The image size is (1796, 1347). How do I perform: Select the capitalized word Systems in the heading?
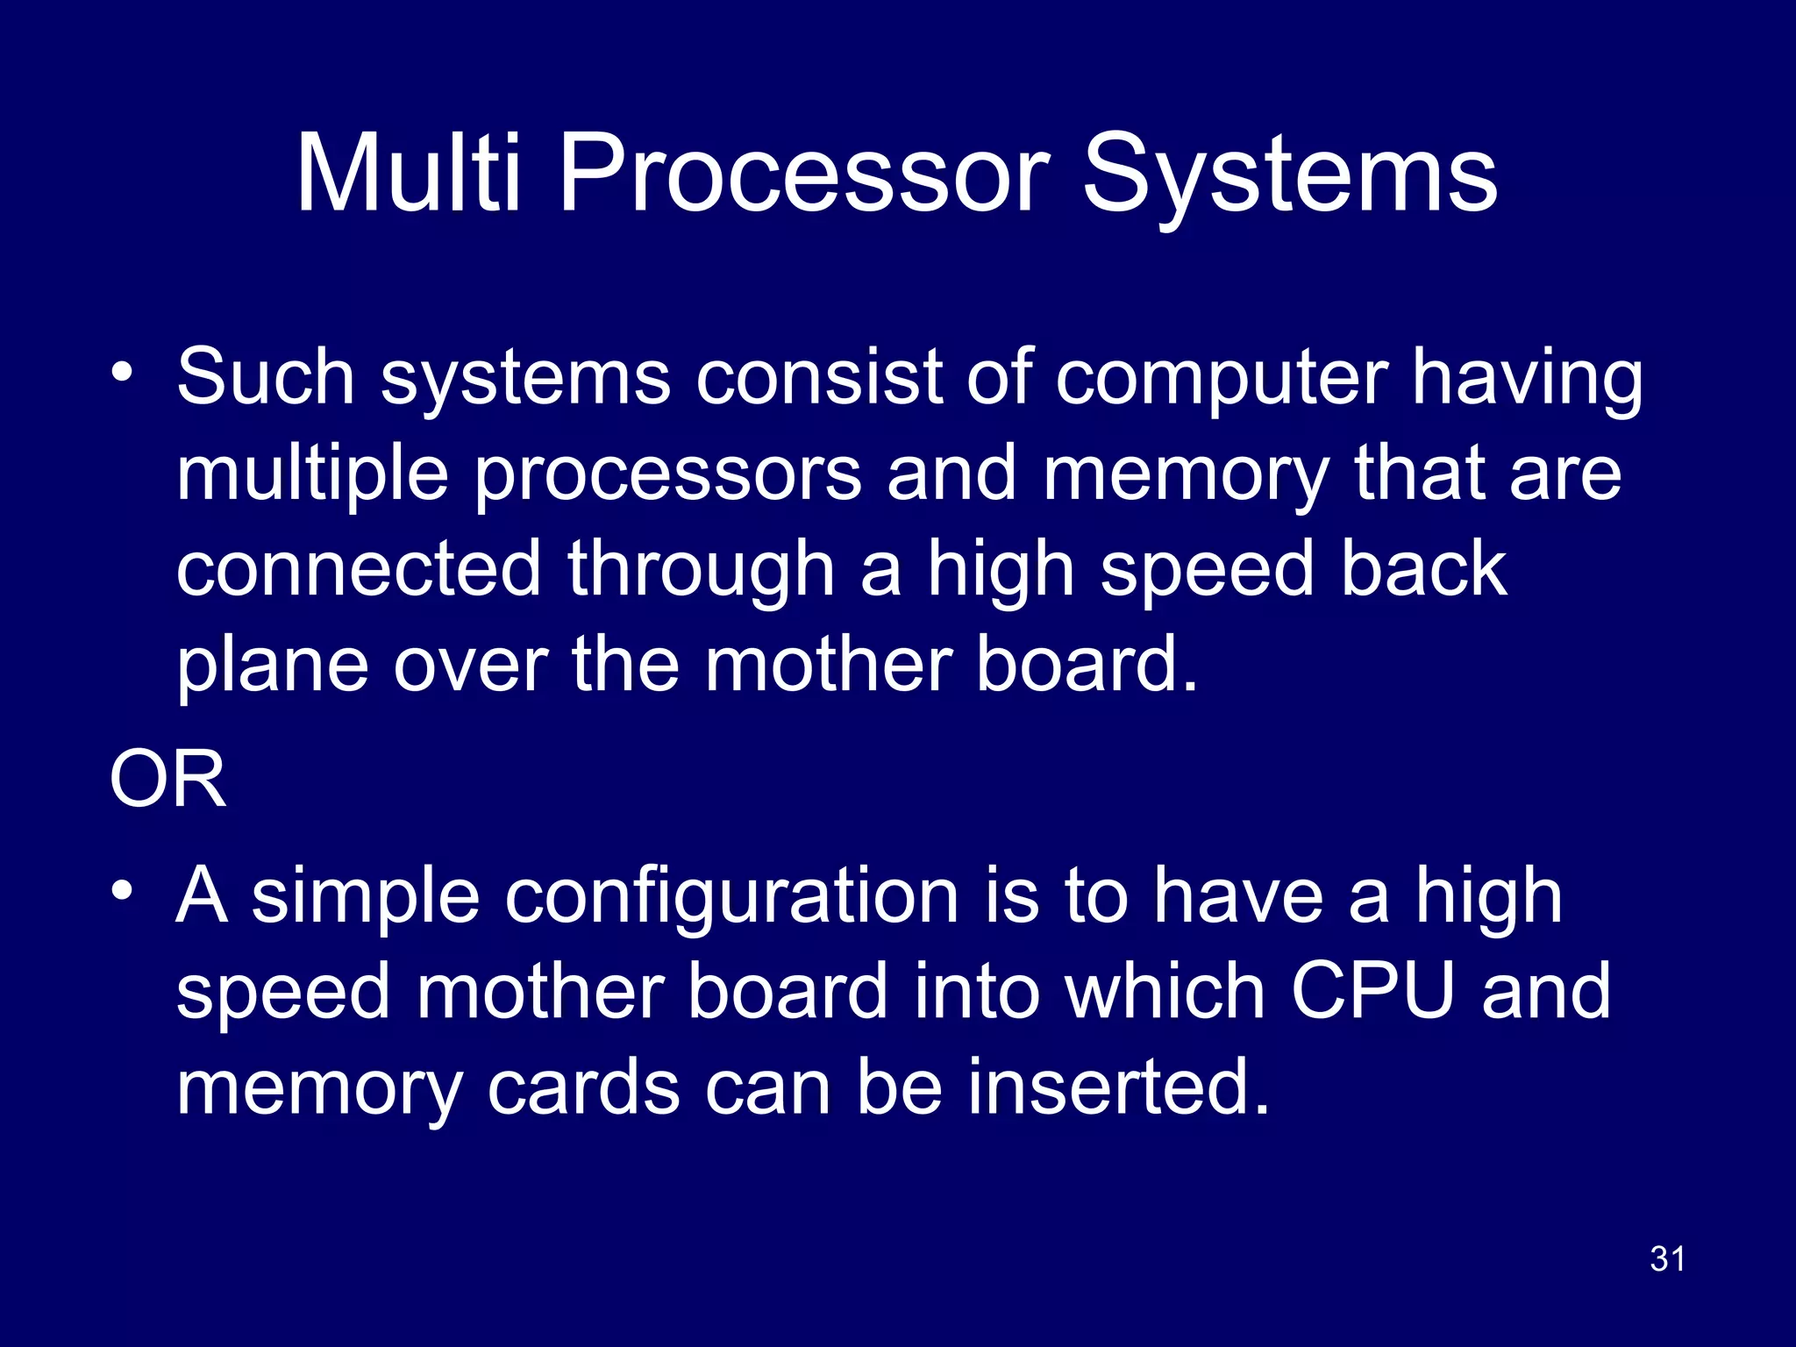pos(1290,175)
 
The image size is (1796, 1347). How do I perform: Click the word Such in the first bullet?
pos(265,377)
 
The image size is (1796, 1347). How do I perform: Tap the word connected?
pos(359,569)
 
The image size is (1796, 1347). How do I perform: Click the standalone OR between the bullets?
pos(167,780)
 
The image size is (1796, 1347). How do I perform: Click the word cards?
pos(583,1087)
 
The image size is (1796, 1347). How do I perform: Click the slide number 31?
pos(1667,1259)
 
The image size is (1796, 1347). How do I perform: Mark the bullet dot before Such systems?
pos(122,372)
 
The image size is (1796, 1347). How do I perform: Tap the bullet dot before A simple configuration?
pos(122,891)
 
